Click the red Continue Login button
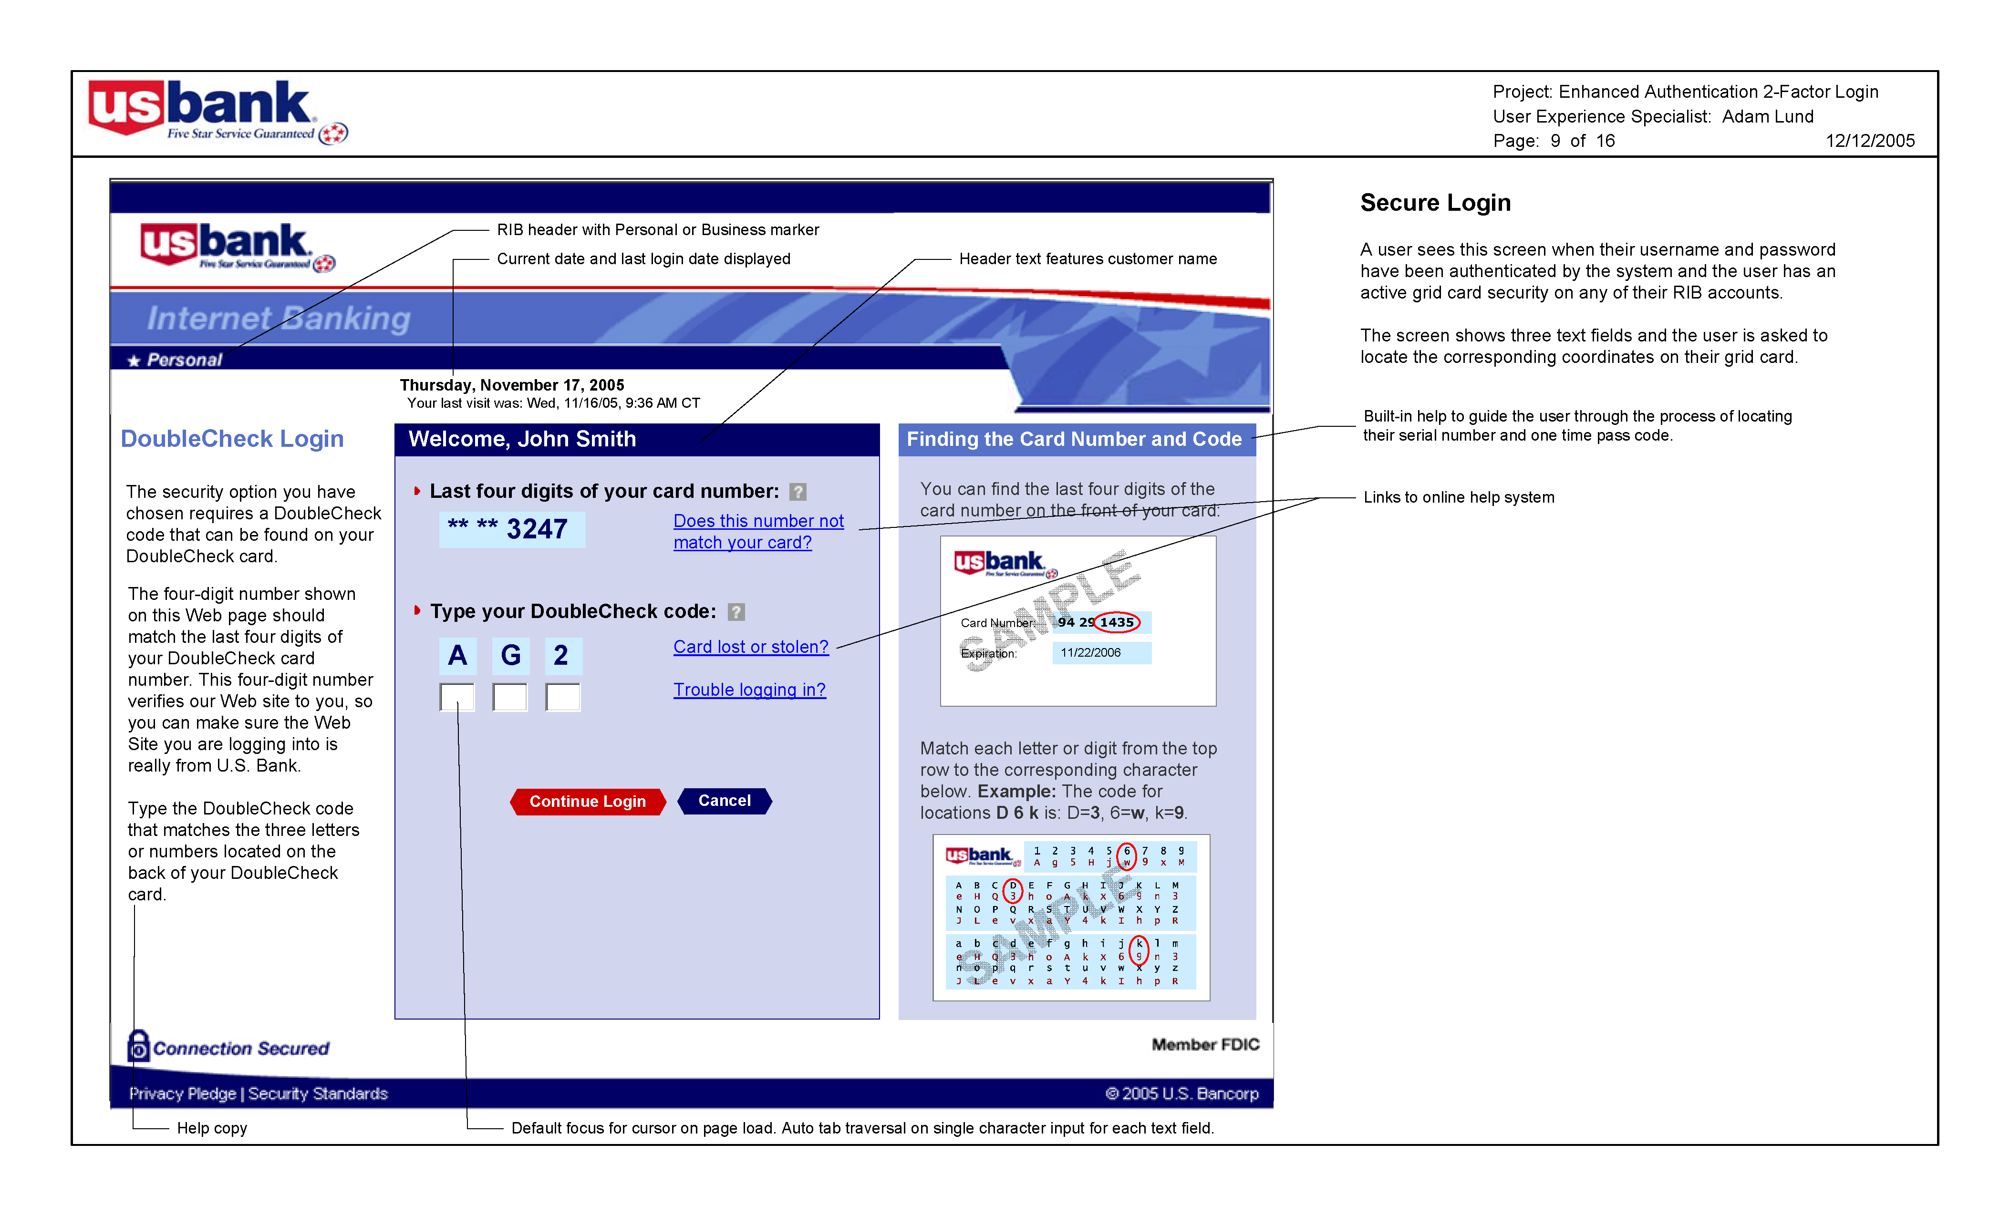pyautogui.click(x=587, y=802)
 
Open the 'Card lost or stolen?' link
pyautogui.click(x=750, y=647)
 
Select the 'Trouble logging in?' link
pyautogui.click(x=749, y=690)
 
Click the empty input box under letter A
pyautogui.click(x=457, y=697)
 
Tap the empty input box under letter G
pyautogui.click(x=510, y=697)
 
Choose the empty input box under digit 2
pyautogui.click(x=563, y=697)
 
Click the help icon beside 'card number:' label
pyautogui.click(x=798, y=492)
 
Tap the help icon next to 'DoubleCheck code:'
pyautogui.click(x=736, y=612)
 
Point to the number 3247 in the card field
pyautogui.click(x=537, y=529)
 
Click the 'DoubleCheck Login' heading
pyautogui.click(x=232, y=439)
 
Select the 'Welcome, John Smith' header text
pyautogui.click(x=522, y=439)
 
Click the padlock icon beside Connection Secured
pyautogui.click(x=139, y=1046)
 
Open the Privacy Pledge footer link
pyautogui.click(x=183, y=1093)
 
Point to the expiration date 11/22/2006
pyautogui.click(x=1091, y=652)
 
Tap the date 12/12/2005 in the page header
pyautogui.click(x=1870, y=141)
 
